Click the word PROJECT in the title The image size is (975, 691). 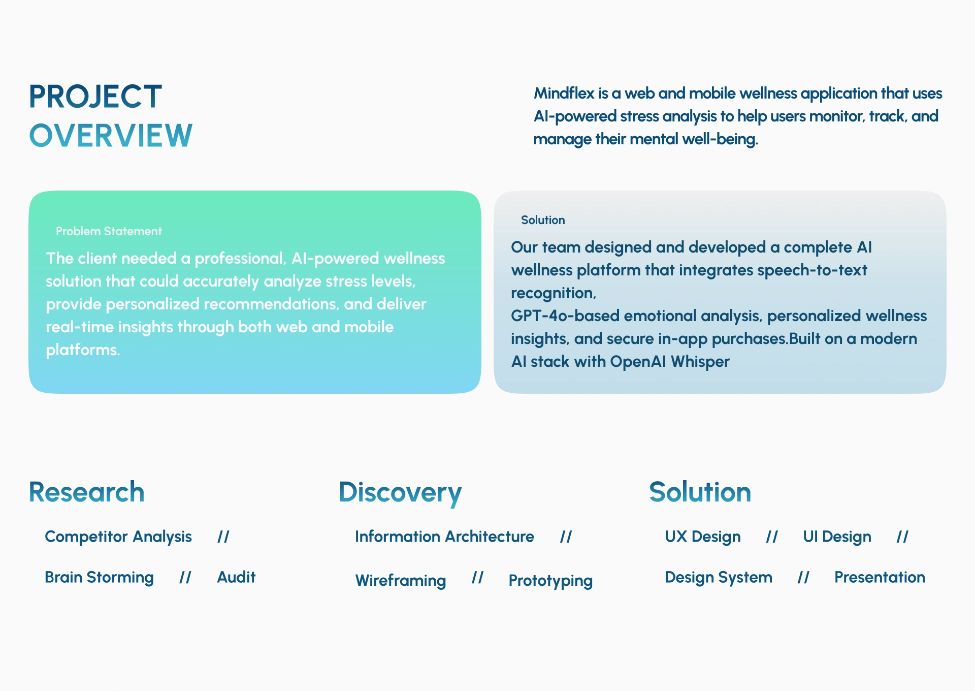(95, 97)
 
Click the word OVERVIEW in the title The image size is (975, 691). (111, 136)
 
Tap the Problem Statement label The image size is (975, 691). (109, 231)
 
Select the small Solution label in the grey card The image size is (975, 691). (543, 220)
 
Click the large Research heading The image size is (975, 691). (87, 492)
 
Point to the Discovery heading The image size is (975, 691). (400, 493)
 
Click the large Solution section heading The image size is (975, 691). (700, 492)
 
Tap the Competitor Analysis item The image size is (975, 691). (118, 537)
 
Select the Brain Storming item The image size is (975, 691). (99, 577)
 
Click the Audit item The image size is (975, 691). (236, 577)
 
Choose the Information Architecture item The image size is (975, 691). (444, 537)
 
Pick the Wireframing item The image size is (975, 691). (401, 580)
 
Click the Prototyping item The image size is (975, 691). (550, 581)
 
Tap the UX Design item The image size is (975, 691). (703, 537)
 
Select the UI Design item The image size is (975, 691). (837, 537)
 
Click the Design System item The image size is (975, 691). (719, 578)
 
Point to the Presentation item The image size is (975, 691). (880, 577)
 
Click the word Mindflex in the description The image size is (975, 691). (564, 93)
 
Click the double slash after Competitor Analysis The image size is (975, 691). (223, 537)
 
